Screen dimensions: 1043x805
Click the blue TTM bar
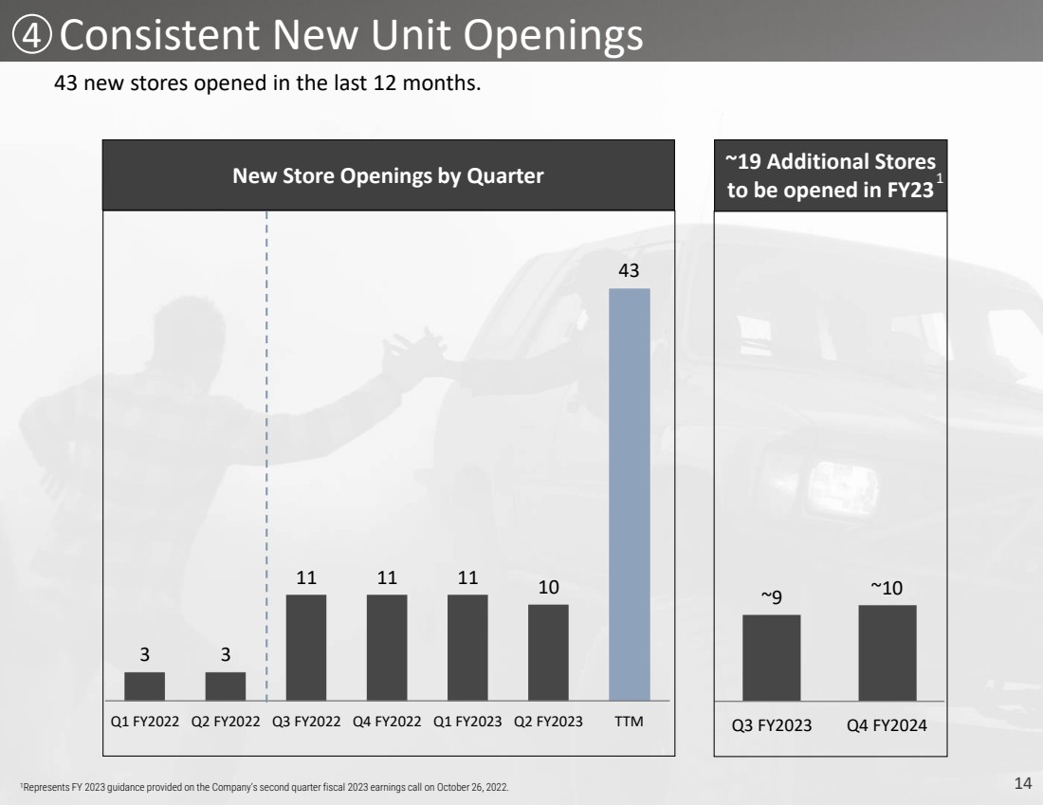630,494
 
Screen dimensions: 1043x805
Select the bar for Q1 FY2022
144,686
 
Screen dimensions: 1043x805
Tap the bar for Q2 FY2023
548,652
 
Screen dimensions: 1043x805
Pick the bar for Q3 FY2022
306,648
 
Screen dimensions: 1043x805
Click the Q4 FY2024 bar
887,652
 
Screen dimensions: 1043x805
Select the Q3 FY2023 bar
772,657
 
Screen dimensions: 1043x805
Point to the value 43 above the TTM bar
629,270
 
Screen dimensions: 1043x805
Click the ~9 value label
772,596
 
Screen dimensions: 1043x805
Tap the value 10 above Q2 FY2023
548,587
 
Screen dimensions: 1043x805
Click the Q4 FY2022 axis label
387,722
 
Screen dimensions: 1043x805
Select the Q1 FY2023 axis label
467,722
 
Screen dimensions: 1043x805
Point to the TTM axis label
629,722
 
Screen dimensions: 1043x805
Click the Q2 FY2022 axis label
226,722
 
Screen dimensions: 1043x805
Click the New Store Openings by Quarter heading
388,175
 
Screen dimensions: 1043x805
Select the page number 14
1023,783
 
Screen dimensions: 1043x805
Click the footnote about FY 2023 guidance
265,787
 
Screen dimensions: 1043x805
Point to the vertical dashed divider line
266,456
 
